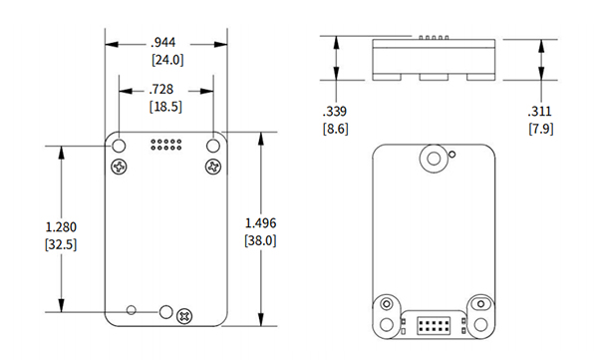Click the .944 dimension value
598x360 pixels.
click(164, 43)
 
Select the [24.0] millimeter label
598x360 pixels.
click(164, 59)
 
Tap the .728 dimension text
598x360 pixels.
click(164, 90)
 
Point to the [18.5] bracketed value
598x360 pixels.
click(164, 106)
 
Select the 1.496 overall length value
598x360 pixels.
click(260, 222)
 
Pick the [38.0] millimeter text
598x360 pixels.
click(260, 239)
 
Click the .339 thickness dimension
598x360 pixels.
click(334, 111)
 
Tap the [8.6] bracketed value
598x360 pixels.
click(334, 128)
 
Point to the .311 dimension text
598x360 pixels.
click(541, 111)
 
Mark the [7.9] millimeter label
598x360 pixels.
click(541, 128)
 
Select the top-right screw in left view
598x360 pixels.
click(211, 166)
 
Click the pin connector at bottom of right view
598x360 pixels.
click(433, 325)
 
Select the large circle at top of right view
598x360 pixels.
click(433, 159)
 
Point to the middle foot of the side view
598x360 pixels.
click(433, 76)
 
